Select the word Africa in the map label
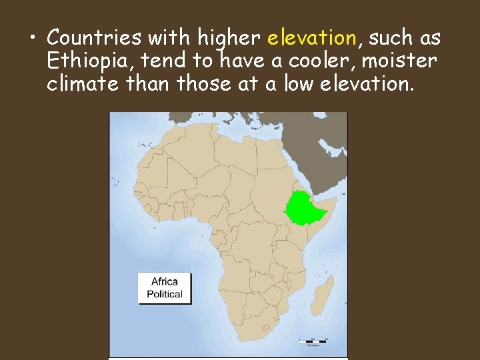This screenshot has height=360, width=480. coord(165,281)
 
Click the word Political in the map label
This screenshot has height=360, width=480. coord(165,294)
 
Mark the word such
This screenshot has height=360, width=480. coord(389,37)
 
